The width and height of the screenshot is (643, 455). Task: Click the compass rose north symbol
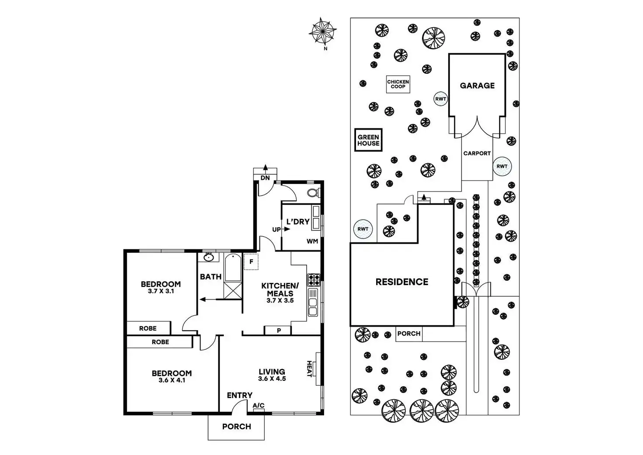[x=323, y=31]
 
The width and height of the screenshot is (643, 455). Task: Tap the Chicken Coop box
[x=398, y=84]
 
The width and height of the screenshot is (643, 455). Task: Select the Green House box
[x=368, y=140]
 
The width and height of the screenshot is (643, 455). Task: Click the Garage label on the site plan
[x=477, y=86]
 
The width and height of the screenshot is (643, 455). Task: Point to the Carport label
[x=477, y=153]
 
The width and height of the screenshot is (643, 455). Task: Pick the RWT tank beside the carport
[x=502, y=166]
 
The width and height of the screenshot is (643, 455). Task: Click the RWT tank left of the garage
[x=440, y=99]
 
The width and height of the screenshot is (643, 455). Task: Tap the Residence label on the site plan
[x=402, y=282]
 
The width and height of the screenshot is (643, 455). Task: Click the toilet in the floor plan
[x=313, y=193]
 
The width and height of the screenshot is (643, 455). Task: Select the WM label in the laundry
[x=312, y=241]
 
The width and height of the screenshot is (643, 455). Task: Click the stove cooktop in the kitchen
[x=314, y=279]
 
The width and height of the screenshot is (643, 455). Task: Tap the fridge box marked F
[x=251, y=262]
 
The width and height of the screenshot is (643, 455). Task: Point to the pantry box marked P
[x=278, y=331]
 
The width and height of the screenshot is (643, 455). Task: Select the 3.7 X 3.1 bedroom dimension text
[x=161, y=291]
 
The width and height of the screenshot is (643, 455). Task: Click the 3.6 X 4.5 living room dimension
[x=272, y=379]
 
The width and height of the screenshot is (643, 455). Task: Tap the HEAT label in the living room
[x=309, y=369]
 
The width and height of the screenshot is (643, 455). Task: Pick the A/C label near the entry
[x=259, y=406]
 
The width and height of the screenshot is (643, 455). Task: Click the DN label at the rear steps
[x=265, y=178]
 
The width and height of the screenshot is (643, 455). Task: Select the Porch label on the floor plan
[x=236, y=427]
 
